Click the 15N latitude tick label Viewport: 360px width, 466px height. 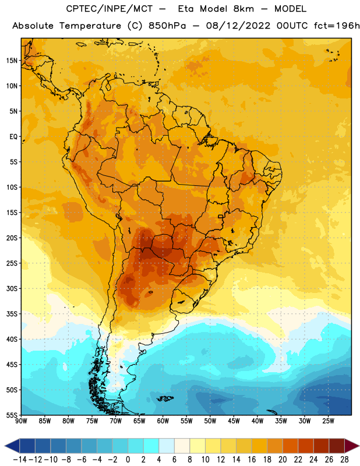pyautogui.click(x=12, y=61)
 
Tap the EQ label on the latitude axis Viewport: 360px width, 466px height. pyautogui.click(x=13, y=137)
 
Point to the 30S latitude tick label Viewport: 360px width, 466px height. pyautogui.click(x=12, y=288)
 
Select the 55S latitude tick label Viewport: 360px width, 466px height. pyautogui.click(x=12, y=415)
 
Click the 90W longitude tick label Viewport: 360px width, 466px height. pyautogui.click(x=21, y=421)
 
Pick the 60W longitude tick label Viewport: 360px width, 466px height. pyautogui.click(x=163, y=421)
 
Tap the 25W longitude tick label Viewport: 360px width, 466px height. pyautogui.click(x=328, y=421)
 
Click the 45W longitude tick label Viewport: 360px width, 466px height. pyautogui.click(x=234, y=421)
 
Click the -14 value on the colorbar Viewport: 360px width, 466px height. pyautogui.click(x=20, y=460)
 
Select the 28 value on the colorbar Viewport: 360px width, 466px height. pyautogui.click(x=344, y=460)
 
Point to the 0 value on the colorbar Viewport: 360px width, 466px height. pyautogui.click(x=128, y=460)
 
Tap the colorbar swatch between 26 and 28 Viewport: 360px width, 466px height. pyautogui.click(x=337, y=446)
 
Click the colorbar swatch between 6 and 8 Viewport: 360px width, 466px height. pyautogui.click(x=182, y=446)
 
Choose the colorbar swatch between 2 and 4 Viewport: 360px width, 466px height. pyautogui.click(x=151, y=446)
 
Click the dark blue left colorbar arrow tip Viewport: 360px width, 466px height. pyautogui.click(x=5, y=446)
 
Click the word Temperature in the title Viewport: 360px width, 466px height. pyautogui.click(x=90, y=26)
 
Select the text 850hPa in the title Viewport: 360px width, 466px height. pyautogui.click(x=167, y=26)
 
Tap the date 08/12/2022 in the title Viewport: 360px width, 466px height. pyautogui.click(x=238, y=26)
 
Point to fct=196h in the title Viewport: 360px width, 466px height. pyautogui.click(x=337, y=26)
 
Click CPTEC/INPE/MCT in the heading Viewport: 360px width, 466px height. pyautogui.click(x=110, y=9)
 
